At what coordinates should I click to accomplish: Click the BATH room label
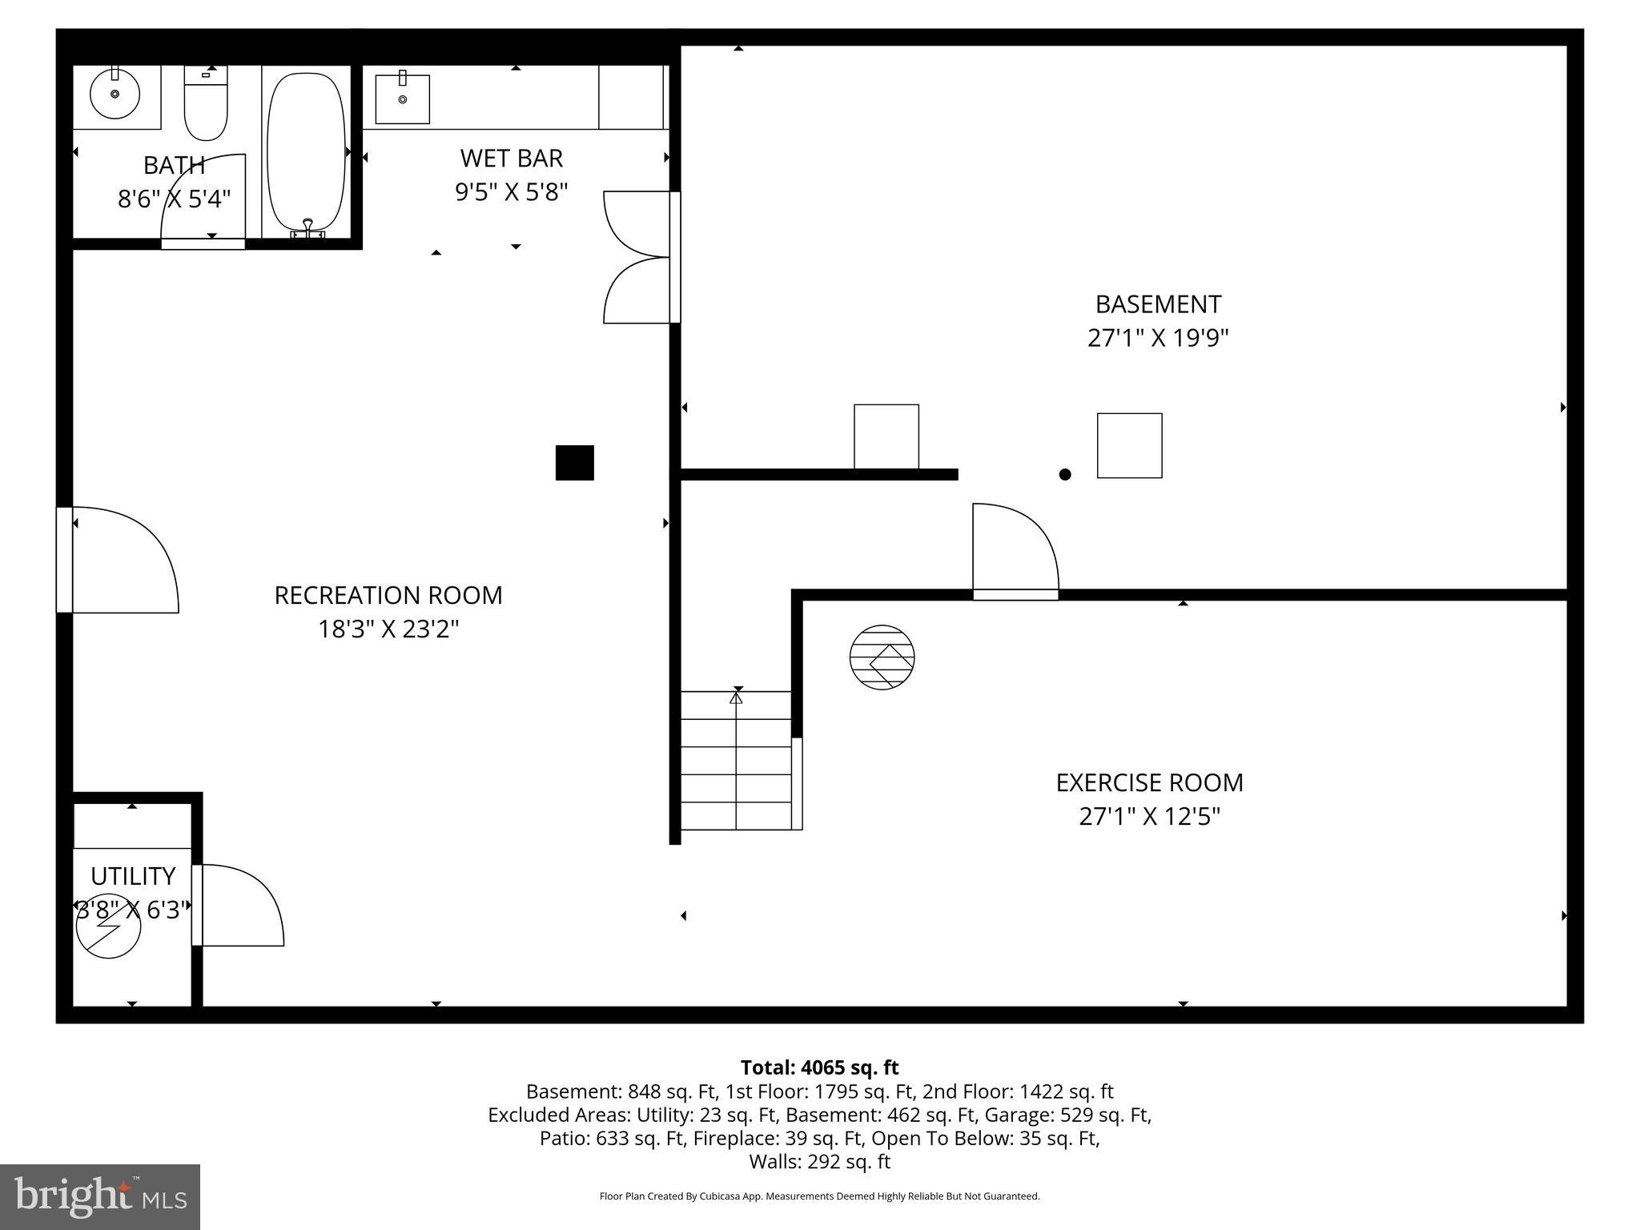click(174, 165)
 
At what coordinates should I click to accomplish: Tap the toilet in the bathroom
click(206, 104)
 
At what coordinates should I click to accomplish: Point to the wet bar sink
click(402, 99)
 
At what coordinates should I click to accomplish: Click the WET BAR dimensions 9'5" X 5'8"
click(511, 192)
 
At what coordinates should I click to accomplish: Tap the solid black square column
click(574, 463)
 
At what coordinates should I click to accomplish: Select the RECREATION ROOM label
click(388, 595)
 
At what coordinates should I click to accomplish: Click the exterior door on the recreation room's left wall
click(120, 561)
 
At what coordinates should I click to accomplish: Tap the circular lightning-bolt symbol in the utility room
click(109, 926)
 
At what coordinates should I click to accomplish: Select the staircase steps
click(736, 761)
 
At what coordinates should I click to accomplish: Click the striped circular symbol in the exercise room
click(882, 657)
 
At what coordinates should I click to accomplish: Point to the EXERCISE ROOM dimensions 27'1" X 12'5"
click(1149, 817)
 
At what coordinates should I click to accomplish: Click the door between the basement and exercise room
click(1015, 553)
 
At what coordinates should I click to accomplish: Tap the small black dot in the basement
click(1064, 474)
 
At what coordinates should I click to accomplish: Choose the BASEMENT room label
click(1158, 304)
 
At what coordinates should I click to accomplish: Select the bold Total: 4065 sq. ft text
click(819, 1067)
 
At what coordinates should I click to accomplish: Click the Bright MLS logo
click(100, 1196)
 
